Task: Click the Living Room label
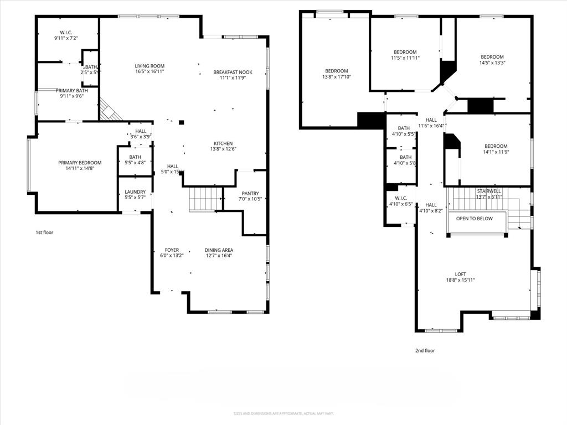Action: point(150,66)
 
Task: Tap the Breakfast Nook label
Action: point(233,72)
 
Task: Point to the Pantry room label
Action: point(250,193)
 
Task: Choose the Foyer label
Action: point(171,250)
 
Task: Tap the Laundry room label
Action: point(135,191)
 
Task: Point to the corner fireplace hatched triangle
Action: point(109,111)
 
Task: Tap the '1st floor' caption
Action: point(44,232)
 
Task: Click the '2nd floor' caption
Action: point(425,350)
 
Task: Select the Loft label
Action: point(461,274)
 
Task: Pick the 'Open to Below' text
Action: point(474,219)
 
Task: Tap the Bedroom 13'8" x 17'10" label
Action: point(337,71)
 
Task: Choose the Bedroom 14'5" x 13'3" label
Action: point(492,57)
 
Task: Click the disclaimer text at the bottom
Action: point(283,413)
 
